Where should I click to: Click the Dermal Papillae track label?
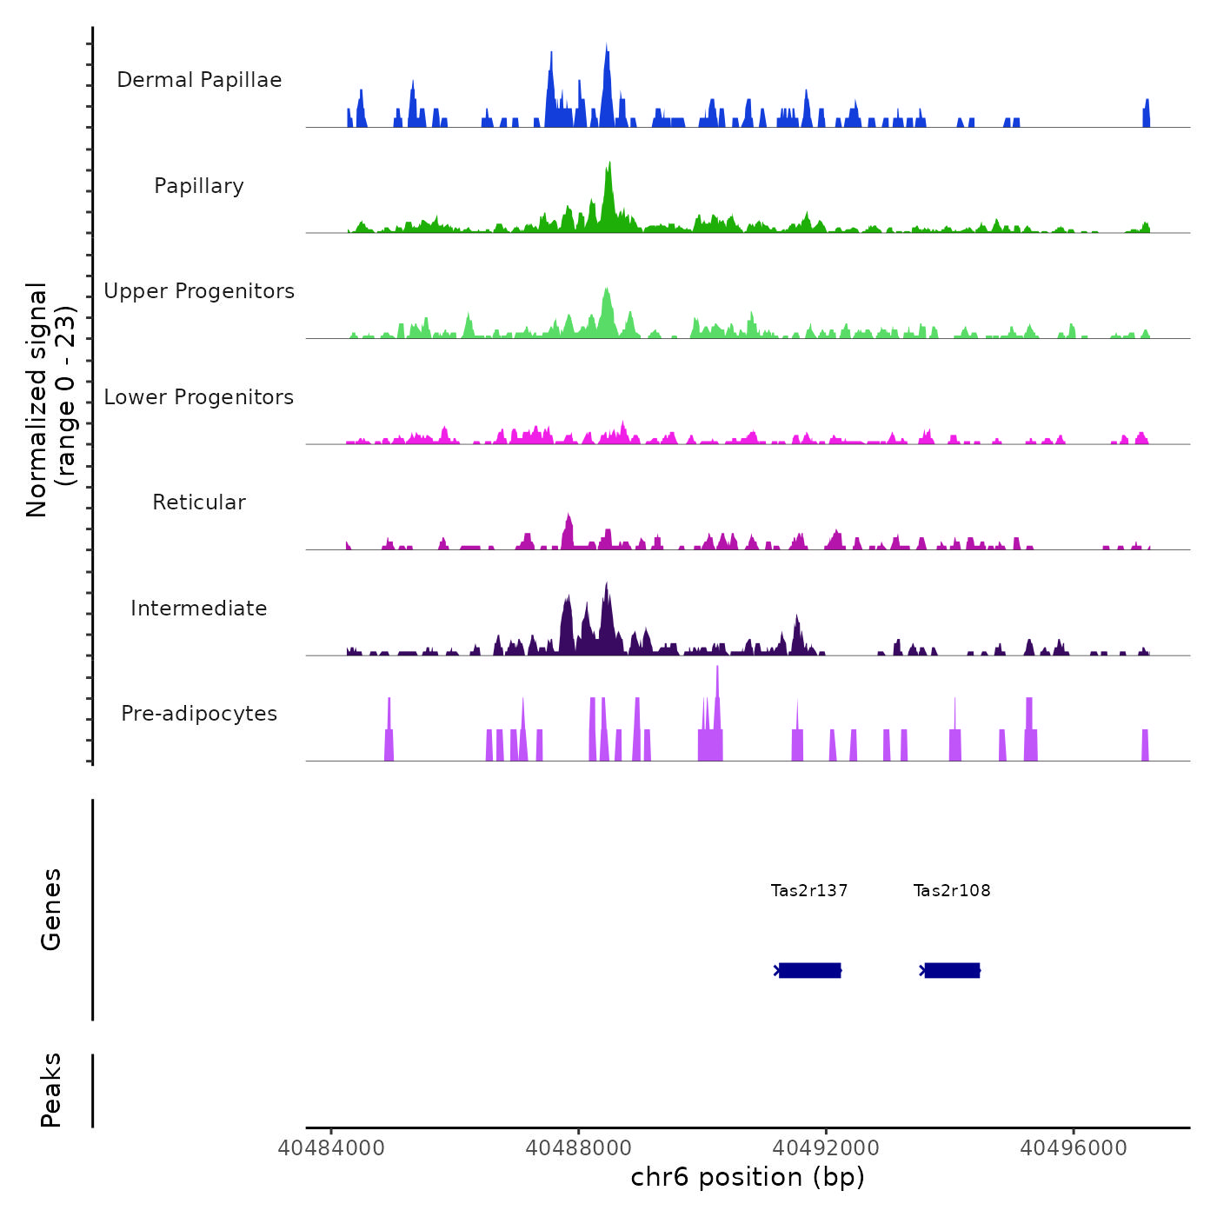(x=199, y=80)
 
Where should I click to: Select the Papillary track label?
(x=199, y=186)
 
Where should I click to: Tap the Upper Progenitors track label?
(x=199, y=291)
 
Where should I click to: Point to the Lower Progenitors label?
(x=199, y=397)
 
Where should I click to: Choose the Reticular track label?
(x=199, y=502)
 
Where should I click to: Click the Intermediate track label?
(x=199, y=608)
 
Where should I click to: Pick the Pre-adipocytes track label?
(x=199, y=714)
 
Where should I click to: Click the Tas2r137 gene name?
(x=809, y=890)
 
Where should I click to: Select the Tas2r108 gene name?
(x=952, y=890)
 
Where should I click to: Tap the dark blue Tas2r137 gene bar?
(x=809, y=970)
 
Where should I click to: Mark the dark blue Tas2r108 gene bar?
(x=952, y=970)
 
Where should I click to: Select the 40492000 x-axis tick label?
(x=826, y=1148)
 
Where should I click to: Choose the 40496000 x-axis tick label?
(x=1074, y=1148)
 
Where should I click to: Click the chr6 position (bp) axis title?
(x=748, y=1177)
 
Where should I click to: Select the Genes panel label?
(x=51, y=909)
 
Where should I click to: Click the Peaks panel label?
(x=51, y=1090)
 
